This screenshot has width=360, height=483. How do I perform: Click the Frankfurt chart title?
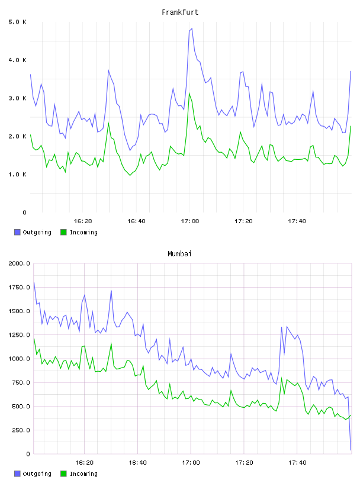click(x=180, y=12)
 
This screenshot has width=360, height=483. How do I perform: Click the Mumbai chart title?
click(x=179, y=254)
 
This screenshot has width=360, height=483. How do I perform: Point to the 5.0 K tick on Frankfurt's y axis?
click(x=18, y=22)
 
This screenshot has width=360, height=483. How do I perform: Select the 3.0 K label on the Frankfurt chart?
click(x=18, y=98)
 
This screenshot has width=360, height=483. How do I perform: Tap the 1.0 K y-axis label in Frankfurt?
click(x=18, y=175)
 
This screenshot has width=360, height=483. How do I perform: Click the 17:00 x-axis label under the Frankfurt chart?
click(x=190, y=221)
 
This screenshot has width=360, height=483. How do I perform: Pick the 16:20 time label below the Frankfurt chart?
click(x=83, y=221)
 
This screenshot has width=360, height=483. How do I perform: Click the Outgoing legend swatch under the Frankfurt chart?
click(x=17, y=232)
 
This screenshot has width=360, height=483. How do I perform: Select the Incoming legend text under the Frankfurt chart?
click(x=83, y=233)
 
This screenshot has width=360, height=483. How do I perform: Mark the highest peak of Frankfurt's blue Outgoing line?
click(x=192, y=28)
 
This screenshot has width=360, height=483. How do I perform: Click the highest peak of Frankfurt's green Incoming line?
click(x=189, y=93)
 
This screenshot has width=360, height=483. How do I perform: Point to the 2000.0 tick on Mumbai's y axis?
click(x=20, y=263)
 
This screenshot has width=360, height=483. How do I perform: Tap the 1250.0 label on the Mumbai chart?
click(x=20, y=335)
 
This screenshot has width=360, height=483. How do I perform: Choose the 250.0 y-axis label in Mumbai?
click(x=21, y=430)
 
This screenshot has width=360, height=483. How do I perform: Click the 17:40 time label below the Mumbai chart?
click(x=297, y=463)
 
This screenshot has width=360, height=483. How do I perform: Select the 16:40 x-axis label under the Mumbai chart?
click(x=137, y=463)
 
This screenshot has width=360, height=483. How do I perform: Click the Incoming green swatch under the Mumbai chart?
click(x=63, y=474)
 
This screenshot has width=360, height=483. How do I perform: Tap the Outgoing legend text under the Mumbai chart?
click(x=37, y=474)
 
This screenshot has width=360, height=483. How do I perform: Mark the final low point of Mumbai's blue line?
click(x=351, y=450)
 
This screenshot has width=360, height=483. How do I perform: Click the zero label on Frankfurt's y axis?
click(x=25, y=212)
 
